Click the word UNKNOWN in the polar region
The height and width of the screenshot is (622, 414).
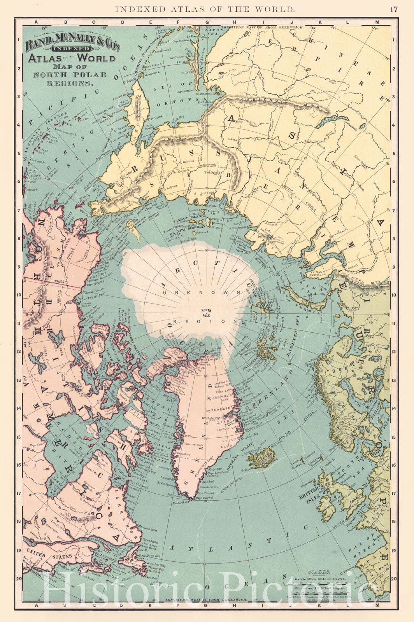point(208,292)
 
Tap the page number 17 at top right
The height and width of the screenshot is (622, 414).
point(394,9)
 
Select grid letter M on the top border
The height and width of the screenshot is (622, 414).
point(377,22)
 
